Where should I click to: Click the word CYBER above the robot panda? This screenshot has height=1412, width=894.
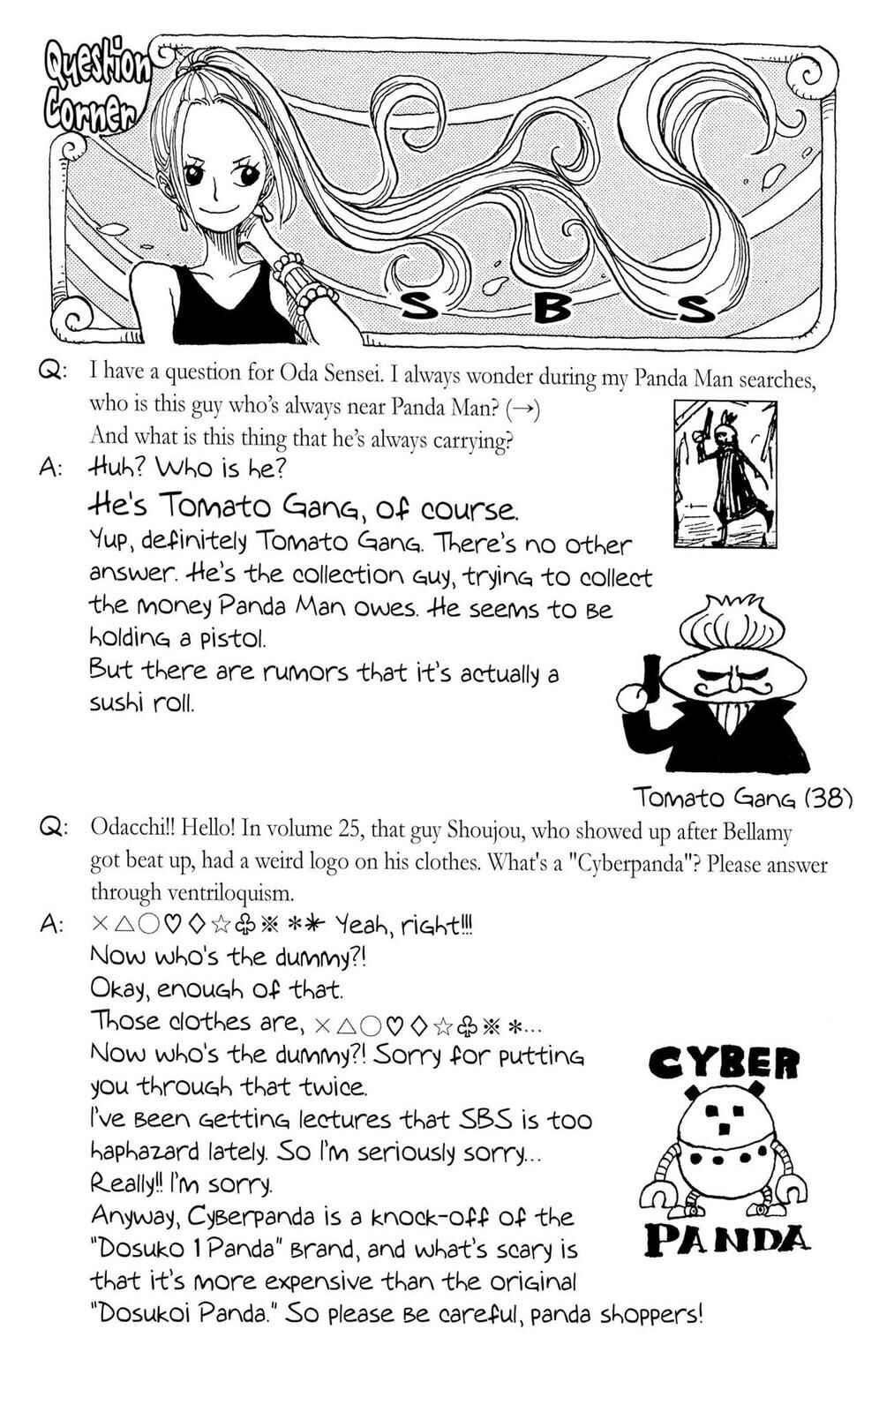(724, 1064)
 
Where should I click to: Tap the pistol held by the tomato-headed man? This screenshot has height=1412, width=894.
(650, 679)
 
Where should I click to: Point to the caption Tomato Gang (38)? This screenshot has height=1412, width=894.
(743, 799)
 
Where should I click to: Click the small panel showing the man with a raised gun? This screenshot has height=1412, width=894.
(725, 474)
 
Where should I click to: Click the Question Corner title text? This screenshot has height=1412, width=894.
(96, 92)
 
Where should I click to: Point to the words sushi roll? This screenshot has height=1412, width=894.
(141, 702)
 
